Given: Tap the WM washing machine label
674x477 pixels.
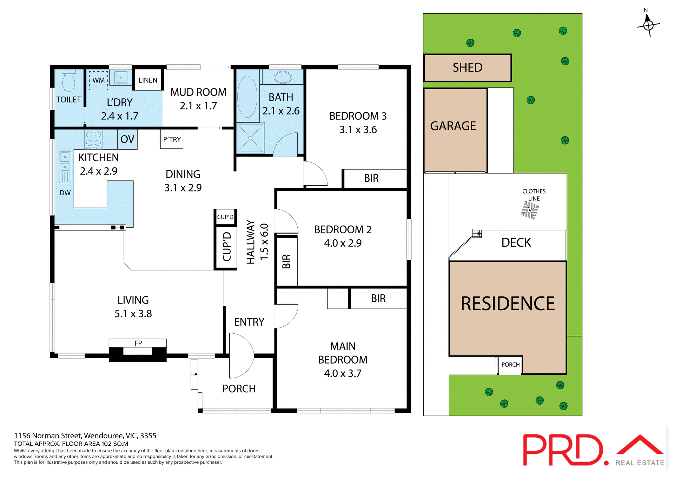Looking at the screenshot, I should (98, 80).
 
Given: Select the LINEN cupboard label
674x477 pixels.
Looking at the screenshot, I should (148, 80).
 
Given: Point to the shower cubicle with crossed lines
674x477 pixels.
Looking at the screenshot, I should (250, 138).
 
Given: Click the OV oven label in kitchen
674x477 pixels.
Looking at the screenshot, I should (127, 139).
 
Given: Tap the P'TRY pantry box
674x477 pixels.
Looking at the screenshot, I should (172, 139).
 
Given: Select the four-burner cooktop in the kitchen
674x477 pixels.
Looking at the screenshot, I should (93, 138).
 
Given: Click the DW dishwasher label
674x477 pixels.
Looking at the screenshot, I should (65, 193).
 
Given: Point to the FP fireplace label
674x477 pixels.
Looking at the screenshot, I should (138, 343).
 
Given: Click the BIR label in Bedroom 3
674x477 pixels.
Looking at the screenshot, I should (371, 178).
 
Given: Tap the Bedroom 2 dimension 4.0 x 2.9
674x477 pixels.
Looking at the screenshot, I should (343, 243).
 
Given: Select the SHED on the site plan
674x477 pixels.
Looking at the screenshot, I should (467, 67).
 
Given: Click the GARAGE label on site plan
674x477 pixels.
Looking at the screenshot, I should (453, 126).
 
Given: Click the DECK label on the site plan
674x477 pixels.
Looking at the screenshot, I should (516, 243).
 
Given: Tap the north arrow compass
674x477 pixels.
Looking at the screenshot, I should (648, 25).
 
